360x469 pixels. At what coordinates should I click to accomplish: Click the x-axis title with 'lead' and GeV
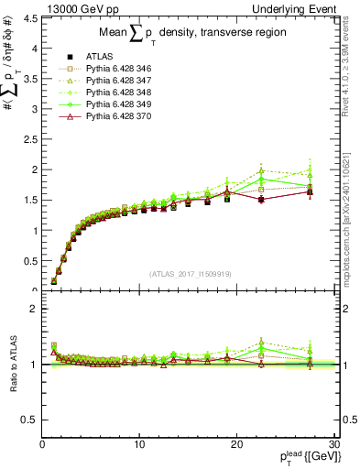tap(301, 458)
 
